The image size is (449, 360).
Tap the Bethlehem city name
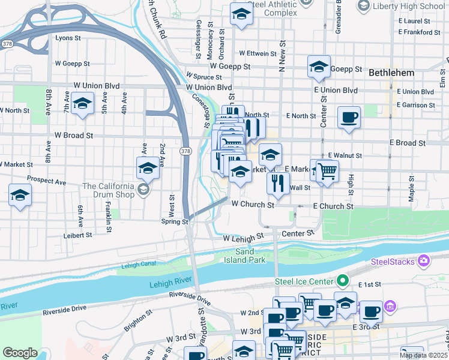(x=391, y=72)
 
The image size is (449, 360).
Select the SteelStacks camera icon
(x=424, y=260)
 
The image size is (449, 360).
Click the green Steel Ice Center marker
(x=343, y=280)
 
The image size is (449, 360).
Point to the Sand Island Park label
(x=250, y=256)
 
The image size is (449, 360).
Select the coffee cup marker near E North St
(x=349, y=117)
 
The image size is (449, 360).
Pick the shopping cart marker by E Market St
(x=327, y=172)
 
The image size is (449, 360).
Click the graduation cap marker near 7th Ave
(x=82, y=103)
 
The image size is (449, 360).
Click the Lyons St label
(x=68, y=38)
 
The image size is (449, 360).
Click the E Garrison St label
(x=415, y=104)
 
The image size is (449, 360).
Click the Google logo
(x=20, y=353)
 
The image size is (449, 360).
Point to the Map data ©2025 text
(x=423, y=355)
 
